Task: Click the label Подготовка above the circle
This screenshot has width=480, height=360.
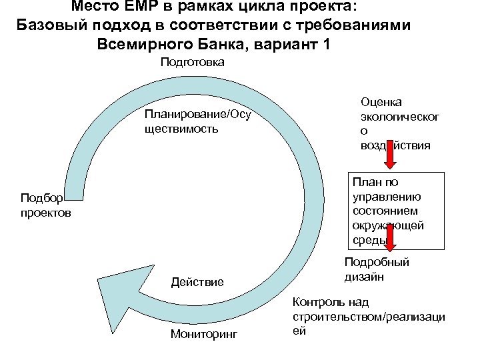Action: tap(192, 62)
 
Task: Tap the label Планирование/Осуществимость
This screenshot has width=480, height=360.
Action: tap(197, 121)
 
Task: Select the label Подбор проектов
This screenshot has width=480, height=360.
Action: tap(45, 205)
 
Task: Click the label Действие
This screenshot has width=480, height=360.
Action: tap(197, 283)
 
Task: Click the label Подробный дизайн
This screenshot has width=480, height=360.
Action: tap(376, 269)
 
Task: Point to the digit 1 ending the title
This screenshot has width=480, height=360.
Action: tap(325, 45)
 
